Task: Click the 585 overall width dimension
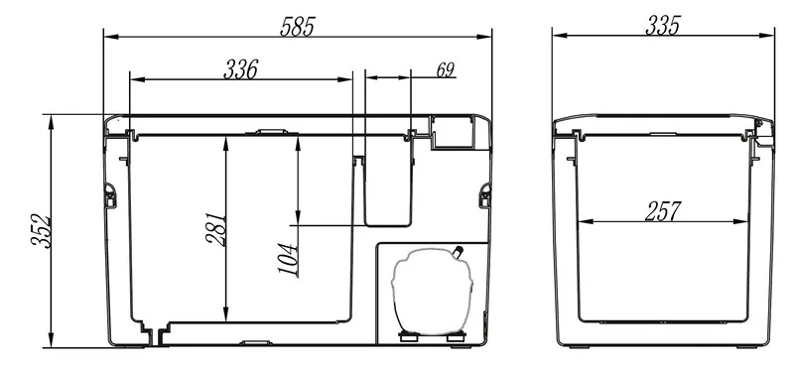298,27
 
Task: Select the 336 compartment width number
241,69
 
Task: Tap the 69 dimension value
445,69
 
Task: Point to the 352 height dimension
41,232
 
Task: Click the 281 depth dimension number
216,229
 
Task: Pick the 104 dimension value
287,259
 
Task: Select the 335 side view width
663,26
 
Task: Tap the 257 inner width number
663,211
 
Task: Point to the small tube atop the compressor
459,252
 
